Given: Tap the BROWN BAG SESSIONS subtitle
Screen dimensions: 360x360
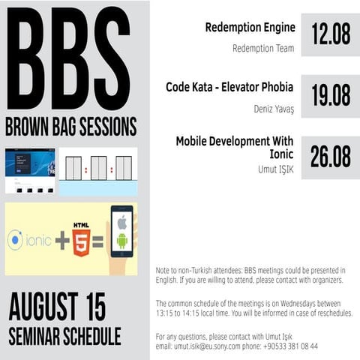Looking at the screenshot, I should click(x=70, y=124).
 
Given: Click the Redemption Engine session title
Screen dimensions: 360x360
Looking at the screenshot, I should click(x=250, y=28).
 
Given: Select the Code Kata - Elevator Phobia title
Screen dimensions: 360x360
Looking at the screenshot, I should click(x=230, y=87).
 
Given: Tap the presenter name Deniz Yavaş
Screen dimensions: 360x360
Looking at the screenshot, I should click(x=274, y=108).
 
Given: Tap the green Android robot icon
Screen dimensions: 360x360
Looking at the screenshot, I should click(x=122, y=241).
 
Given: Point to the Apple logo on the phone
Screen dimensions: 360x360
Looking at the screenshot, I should click(x=122, y=222).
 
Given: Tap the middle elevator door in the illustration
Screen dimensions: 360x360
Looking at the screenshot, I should click(x=98, y=168).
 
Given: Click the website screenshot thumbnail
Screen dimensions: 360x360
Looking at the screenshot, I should click(x=30, y=172).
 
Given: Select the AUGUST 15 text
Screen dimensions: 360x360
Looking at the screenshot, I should click(x=57, y=307).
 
